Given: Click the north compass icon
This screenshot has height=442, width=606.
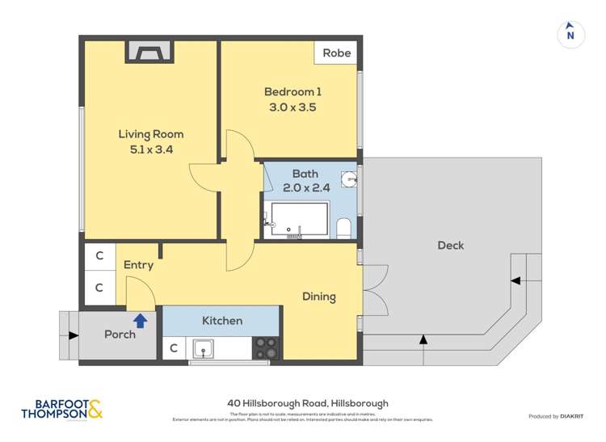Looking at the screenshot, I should (x=570, y=34).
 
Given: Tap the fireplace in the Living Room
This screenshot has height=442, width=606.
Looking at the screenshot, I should (x=148, y=53).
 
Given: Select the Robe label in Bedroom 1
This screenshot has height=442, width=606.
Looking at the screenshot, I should (x=337, y=53).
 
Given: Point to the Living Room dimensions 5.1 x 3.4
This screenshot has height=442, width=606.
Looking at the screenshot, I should (x=151, y=149).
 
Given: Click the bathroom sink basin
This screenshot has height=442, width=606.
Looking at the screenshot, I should (x=348, y=180).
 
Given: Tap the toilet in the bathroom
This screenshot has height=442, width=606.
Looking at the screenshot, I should (x=343, y=228).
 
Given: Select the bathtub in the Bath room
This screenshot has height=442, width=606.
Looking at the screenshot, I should (x=299, y=220).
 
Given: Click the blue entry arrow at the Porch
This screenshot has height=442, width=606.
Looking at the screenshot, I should (x=140, y=321).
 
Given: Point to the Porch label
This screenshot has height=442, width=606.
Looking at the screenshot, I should (x=120, y=335).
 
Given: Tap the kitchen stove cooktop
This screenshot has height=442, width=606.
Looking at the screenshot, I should (x=266, y=347).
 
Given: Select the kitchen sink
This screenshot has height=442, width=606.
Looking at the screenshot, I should (x=203, y=348).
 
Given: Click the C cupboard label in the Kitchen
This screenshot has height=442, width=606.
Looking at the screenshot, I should (x=174, y=349).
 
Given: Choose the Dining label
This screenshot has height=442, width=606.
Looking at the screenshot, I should (x=319, y=297).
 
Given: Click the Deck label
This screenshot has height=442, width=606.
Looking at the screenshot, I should (x=450, y=245).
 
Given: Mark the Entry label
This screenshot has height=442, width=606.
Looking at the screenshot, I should (x=138, y=264).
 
